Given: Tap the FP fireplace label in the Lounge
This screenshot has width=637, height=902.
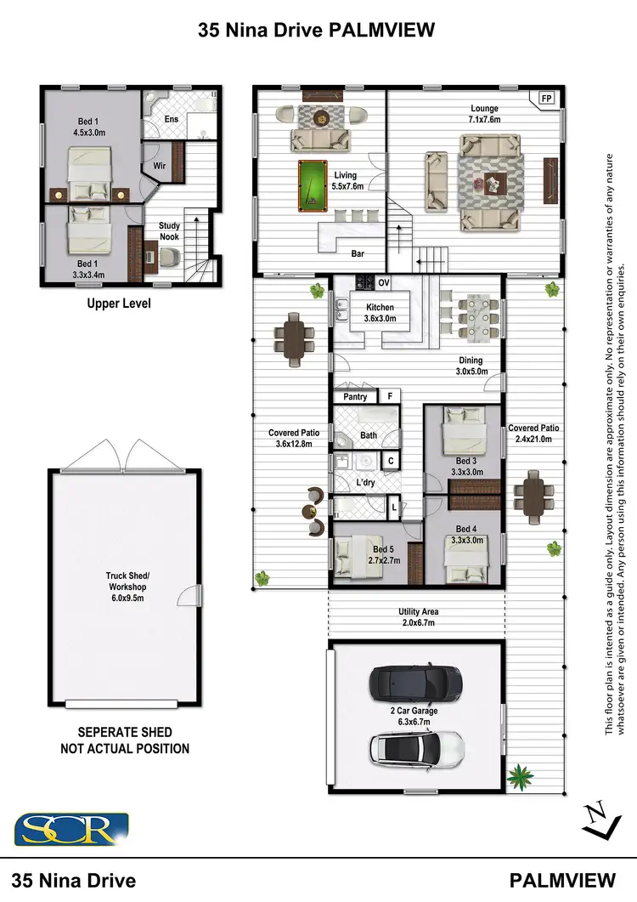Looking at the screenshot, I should point(547,99).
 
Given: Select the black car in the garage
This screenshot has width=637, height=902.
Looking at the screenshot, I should point(416,683).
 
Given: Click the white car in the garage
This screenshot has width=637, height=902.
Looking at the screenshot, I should point(416,747).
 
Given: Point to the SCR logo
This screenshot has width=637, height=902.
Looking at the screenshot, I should point(71,830).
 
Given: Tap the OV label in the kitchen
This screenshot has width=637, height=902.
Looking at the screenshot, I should point(384,283).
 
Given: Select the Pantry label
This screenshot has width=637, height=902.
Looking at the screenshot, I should point(355,396).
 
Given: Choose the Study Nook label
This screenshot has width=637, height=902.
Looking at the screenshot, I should point(169,231).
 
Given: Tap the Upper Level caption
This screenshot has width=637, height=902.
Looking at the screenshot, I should point(118,303).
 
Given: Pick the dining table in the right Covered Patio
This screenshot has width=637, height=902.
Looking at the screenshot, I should point(533,496).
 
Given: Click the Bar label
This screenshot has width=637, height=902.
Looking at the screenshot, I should point(358,253).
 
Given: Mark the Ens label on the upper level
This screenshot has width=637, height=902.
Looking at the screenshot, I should point(172,120).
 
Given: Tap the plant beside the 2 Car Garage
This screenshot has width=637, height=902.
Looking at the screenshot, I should point(516,775).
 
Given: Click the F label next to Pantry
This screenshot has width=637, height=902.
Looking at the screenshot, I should point(390,396).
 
